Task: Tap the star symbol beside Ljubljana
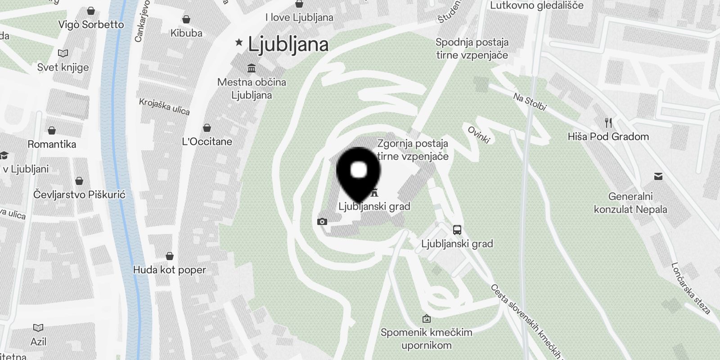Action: [x=239, y=43]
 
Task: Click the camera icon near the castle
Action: [x=322, y=221]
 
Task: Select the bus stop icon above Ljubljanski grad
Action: [x=457, y=230]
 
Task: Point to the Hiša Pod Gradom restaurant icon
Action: [x=608, y=123]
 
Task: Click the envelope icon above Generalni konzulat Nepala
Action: [x=658, y=176]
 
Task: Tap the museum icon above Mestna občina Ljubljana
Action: [x=252, y=68]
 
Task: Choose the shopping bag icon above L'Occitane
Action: [x=207, y=128]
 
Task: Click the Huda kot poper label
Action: [x=170, y=270]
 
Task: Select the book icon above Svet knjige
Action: [x=63, y=54]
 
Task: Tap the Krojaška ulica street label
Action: [x=164, y=107]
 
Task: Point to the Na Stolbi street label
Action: [x=530, y=101]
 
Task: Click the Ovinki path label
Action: [x=478, y=135]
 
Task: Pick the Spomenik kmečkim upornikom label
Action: [x=426, y=339]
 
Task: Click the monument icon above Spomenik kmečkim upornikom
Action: [x=426, y=319]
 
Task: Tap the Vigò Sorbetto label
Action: [x=91, y=24]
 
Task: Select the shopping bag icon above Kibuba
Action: [x=186, y=19]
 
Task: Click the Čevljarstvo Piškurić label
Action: [x=79, y=194]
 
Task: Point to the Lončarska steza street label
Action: [x=690, y=288]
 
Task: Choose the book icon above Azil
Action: [x=38, y=328]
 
